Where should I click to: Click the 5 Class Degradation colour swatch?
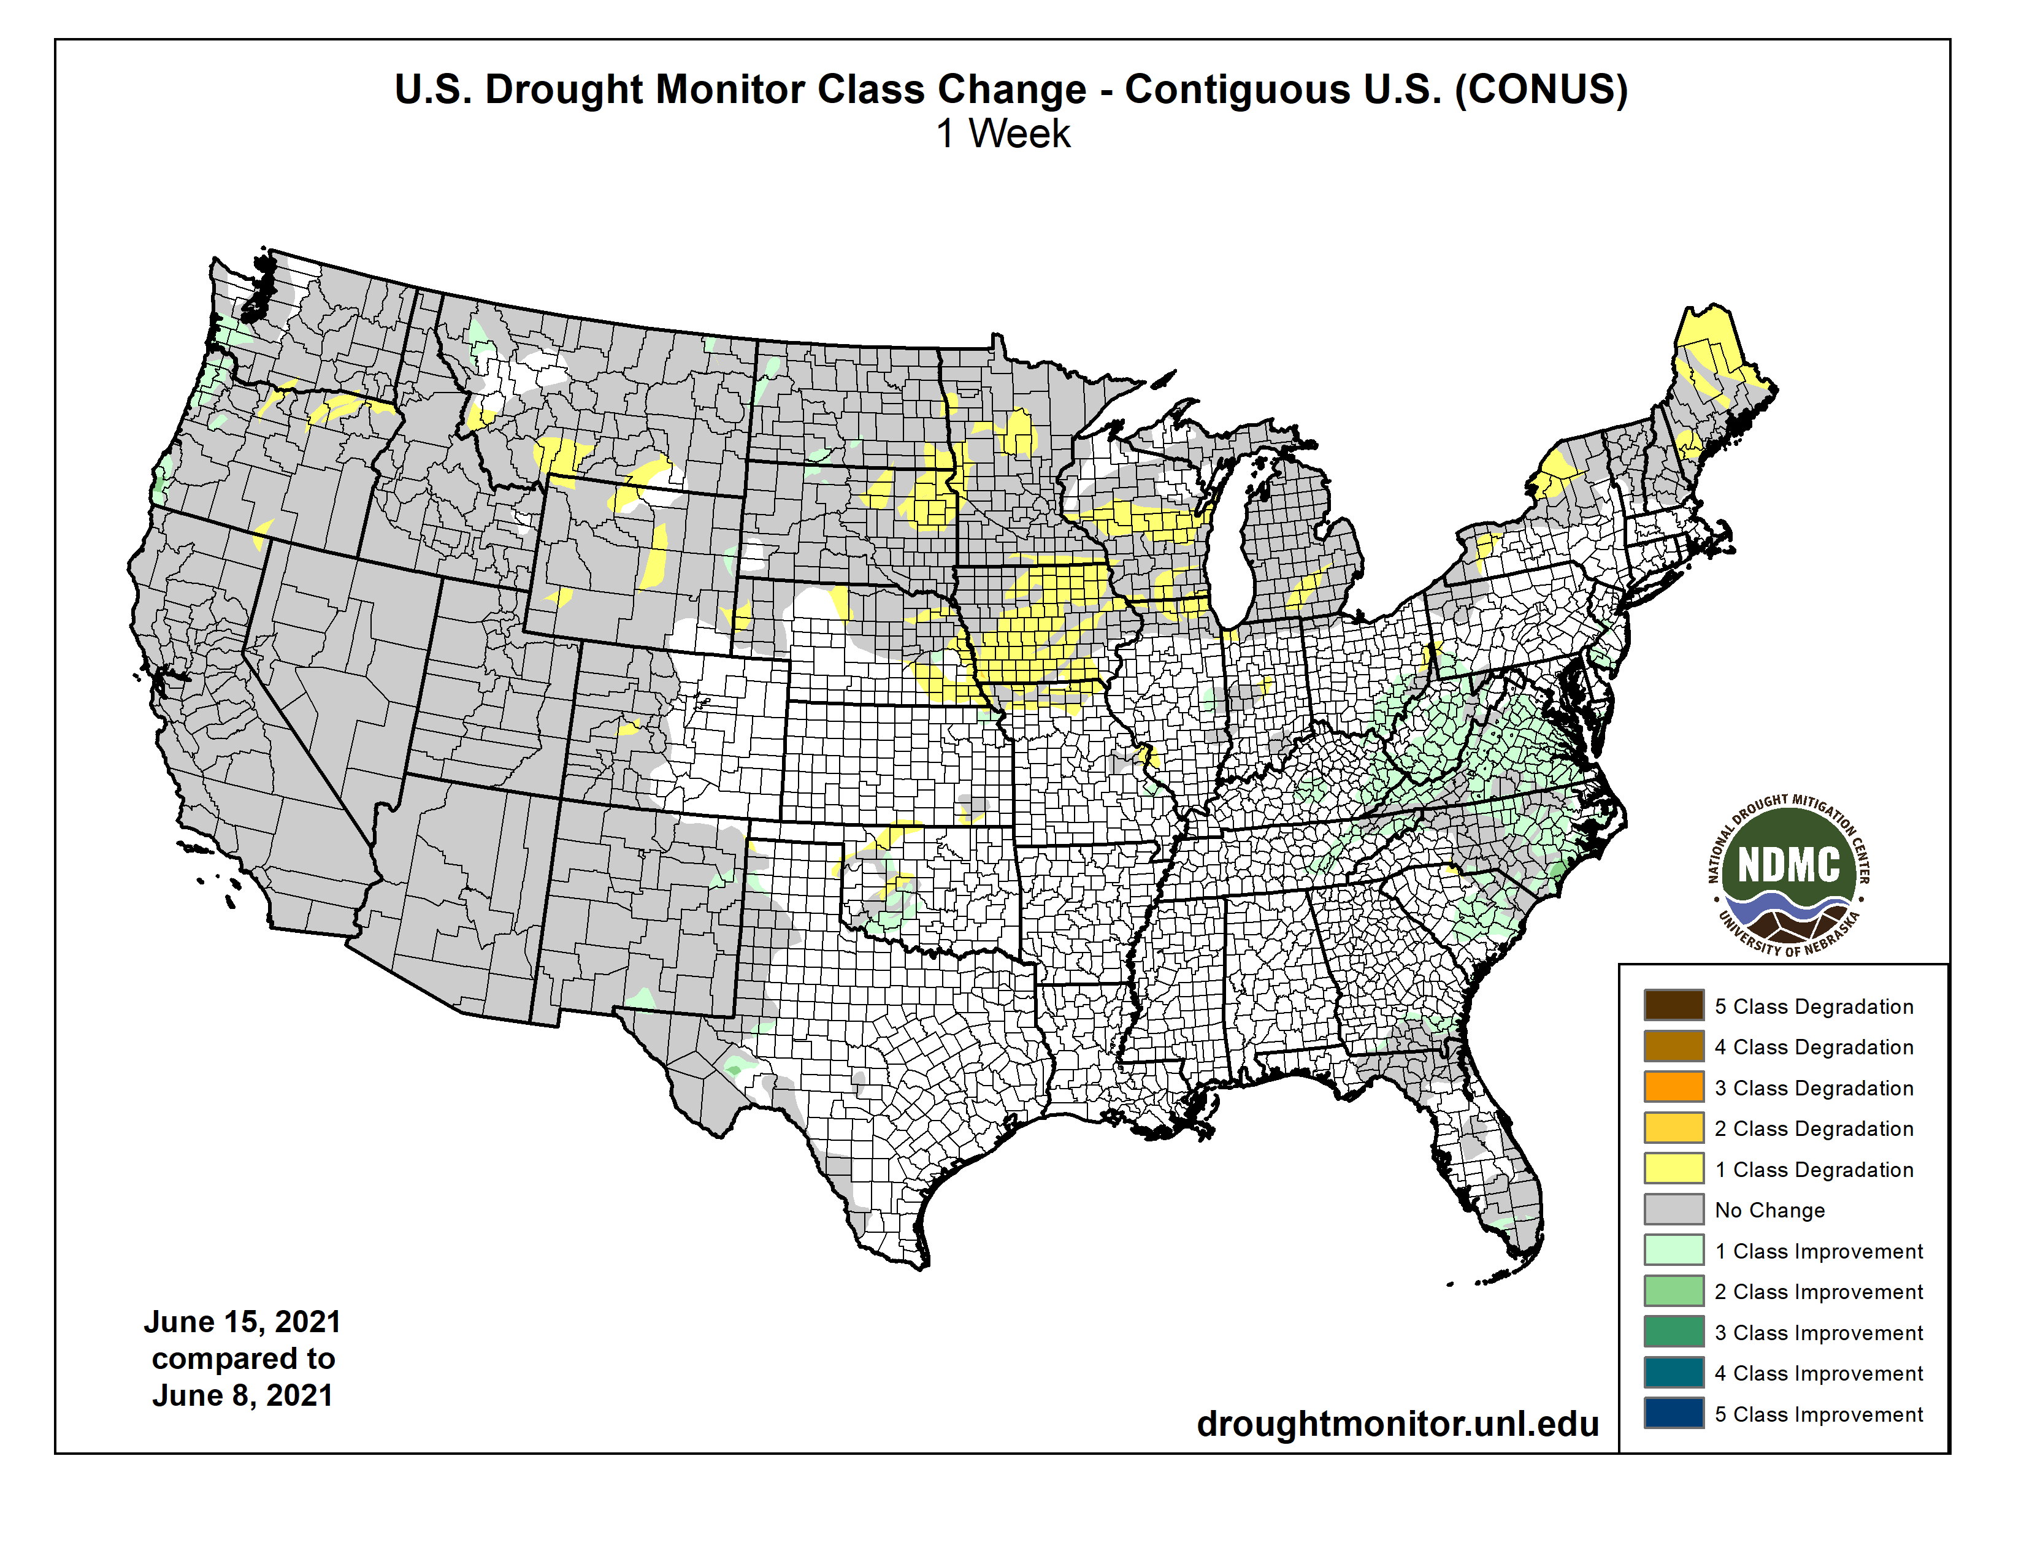pos(1674,1005)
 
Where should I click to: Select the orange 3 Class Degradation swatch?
pos(1674,1087)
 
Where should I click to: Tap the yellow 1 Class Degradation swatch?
pos(1674,1168)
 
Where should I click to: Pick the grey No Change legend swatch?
pos(1674,1209)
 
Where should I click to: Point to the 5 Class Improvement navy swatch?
pos(1674,1413)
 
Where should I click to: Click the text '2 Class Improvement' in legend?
pos(1819,1292)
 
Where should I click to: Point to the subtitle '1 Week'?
pos(1003,134)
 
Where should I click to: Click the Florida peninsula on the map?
pos(1492,1167)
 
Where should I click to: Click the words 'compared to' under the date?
pos(243,1359)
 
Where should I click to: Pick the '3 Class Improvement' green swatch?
pos(1674,1332)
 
